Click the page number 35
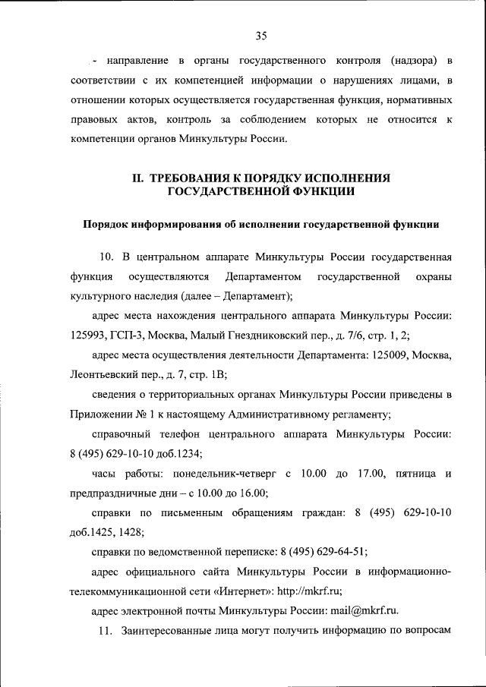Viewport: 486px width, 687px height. click(262, 35)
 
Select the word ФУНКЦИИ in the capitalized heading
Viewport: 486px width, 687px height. click(323, 192)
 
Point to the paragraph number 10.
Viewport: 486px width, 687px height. click(106, 254)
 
